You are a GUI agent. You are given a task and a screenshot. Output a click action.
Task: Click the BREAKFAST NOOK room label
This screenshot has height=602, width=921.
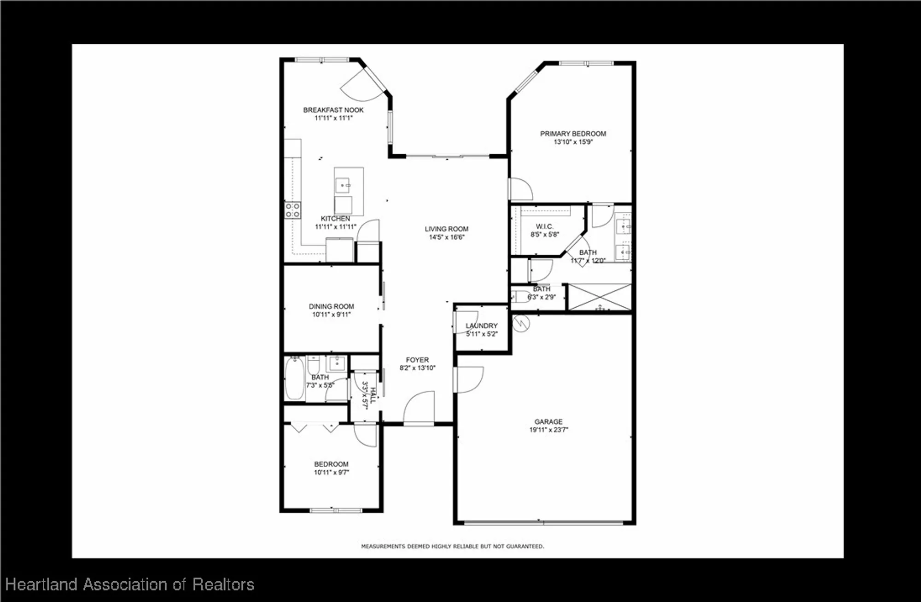(x=333, y=110)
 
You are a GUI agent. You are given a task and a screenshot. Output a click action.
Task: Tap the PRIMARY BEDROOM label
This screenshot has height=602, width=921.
(x=573, y=134)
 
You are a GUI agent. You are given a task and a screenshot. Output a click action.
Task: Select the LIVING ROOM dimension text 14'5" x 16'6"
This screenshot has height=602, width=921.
(x=447, y=237)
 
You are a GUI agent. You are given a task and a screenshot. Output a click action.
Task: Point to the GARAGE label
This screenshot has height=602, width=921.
(x=548, y=421)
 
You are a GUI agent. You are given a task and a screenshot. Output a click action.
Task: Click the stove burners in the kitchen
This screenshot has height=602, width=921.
(x=292, y=210)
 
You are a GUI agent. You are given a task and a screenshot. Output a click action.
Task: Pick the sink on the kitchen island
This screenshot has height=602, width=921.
(x=343, y=185)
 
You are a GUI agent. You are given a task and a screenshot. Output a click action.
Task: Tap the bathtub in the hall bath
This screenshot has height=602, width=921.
(x=294, y=379)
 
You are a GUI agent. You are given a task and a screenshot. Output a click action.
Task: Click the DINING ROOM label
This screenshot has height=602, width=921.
(x=331, y=306)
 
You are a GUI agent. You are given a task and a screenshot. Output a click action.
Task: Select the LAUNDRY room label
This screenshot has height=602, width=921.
(x=481, y=326)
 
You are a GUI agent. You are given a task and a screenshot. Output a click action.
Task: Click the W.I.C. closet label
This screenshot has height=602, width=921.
(x=544, y=227)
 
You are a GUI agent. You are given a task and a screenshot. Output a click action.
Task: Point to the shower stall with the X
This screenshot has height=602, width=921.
(x=600, y=297)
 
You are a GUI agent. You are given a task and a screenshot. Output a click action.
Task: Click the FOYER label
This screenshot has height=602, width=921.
(x=417, y=360)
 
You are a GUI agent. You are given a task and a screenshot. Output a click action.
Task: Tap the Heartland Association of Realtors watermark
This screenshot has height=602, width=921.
(x=129, y=584)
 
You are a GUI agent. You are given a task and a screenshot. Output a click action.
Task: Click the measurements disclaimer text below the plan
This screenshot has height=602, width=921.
(x=452, y=546)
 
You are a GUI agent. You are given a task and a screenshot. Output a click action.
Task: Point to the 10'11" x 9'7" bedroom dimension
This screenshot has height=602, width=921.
(x=332, y=472)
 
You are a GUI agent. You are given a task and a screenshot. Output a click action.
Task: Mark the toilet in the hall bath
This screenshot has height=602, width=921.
(x=314, y=365)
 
